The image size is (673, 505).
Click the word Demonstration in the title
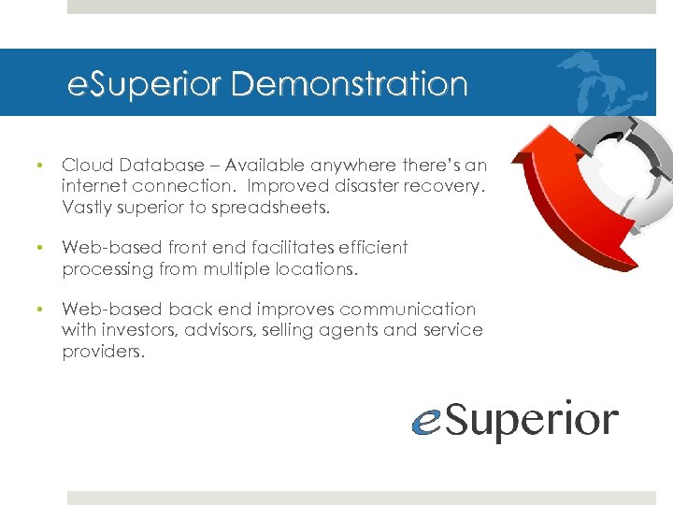click(x=349, y=84)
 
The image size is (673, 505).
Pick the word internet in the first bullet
click(x=92, y=186)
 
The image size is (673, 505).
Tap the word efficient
click(x=373, y=248)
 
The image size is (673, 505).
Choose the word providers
click(x=104, y=352)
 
